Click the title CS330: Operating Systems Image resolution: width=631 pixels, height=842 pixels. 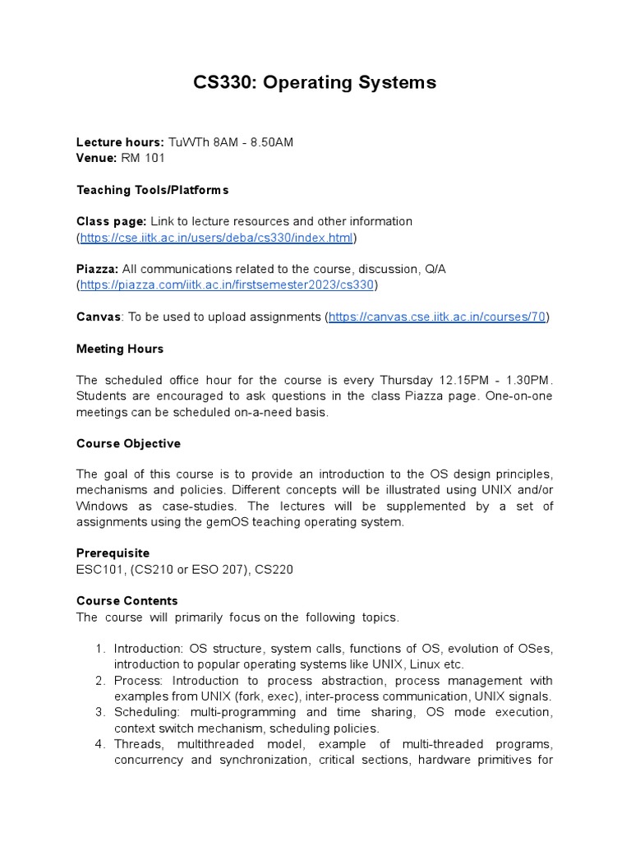tap(315, 82)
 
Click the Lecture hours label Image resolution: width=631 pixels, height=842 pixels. tap(120, 142)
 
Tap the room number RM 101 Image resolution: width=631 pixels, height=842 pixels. tap(143, 158)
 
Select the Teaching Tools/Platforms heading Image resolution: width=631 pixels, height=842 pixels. tap(152, 190)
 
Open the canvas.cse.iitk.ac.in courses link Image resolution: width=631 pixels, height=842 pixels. tap(437, 317)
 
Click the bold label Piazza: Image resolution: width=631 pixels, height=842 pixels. tap(98, 270)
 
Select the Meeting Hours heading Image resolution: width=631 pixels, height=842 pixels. tap(120, 349)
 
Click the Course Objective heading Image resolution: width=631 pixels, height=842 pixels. tap(128, 443)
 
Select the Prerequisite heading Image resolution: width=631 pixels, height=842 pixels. tap(113, 553)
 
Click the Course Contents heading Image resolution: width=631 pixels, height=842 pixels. tap(127, 601)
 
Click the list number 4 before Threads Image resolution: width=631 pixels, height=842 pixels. tap(99, 744)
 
